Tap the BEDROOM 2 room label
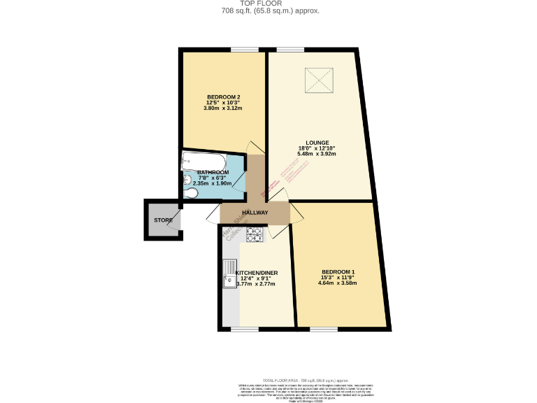[223, 97]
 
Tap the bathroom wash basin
[188, 180]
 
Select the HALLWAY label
[255, 213]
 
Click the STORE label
[163, 220]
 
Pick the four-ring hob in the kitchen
[254, 235]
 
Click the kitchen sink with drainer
[229, 274]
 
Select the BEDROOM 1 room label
[338, 271]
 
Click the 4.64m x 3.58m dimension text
[338, 283]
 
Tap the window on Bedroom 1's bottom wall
[323, 328]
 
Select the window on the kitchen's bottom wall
[244, 328]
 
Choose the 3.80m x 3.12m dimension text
[223, 108]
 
